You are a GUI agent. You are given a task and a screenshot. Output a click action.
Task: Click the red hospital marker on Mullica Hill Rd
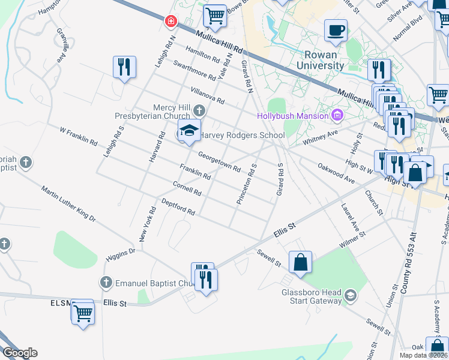tap(172, 21)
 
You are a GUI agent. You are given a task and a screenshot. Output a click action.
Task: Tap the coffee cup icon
tap(336, 30)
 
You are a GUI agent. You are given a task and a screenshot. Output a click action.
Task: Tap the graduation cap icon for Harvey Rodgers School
tap(188, 131)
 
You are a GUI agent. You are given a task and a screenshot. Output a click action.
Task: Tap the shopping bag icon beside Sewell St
tap(300, 262)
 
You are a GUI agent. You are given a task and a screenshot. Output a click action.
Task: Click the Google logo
tap(19, 353)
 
